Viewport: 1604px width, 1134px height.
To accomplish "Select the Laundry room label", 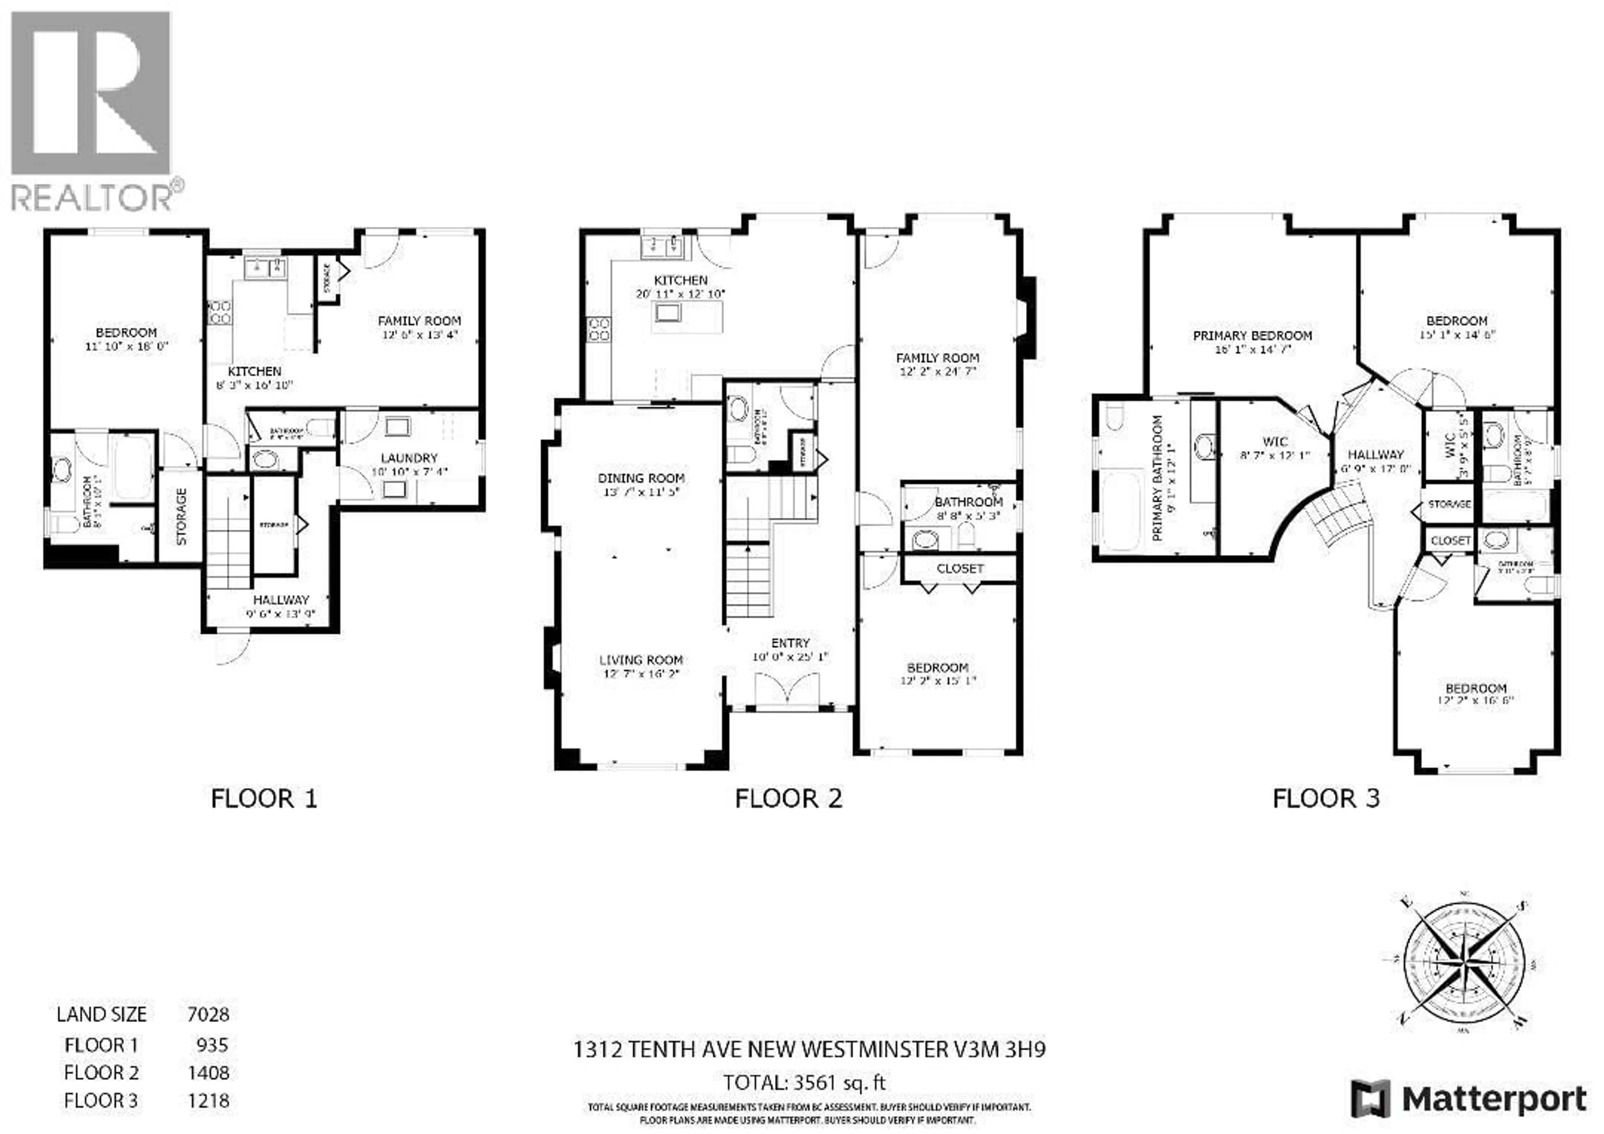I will pyautogui.click(x=409, y=458).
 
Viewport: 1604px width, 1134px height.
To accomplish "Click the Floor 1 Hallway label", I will pyautogui.click(x=281, y=600).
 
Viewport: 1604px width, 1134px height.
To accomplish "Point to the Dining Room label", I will pyautogui.click(x=641, y=478).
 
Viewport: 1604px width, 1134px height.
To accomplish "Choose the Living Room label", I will pyautogui.click(x=641, y=660).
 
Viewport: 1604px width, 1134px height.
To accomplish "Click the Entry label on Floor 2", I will pyautogui.click(x=790, y=643).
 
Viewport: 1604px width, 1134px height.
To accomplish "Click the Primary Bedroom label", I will pyautogui.click(x=1252, y=336).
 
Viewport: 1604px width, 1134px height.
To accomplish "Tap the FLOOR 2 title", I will pyautogui.click(x=788, y=799).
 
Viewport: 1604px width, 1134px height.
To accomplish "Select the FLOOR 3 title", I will pyautogui.click(x=1326, y=799).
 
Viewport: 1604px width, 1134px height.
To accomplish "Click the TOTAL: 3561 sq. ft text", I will pyautogui.click(x=804, y=1083).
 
